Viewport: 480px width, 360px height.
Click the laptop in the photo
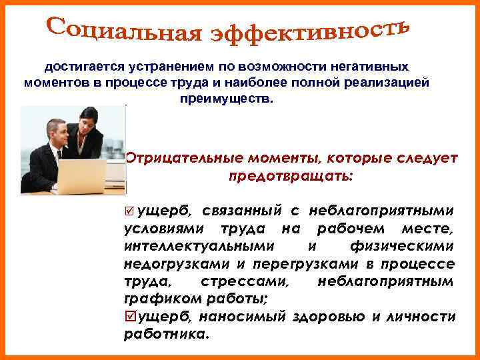(81, 175)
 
